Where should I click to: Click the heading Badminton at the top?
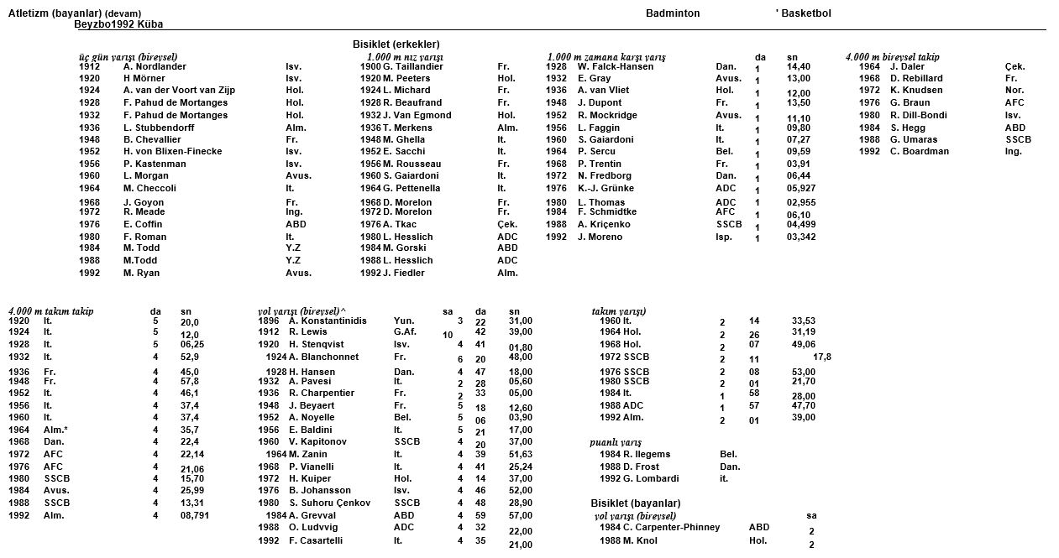(x=672, y=13)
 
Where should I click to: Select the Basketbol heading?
(x=805, y=13)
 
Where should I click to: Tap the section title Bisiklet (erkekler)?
(x=396, y=44)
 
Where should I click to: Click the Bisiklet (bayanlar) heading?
(x=636, y=503)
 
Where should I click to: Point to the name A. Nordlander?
(x=155, y=66)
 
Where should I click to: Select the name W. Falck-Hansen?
(x=615, y=66)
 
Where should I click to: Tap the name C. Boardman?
(x=920, y=152)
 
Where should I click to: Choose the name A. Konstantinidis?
(x=328, y=321)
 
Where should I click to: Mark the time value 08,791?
(x=195, y=515)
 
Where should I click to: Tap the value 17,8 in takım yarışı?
(x=822, y=357)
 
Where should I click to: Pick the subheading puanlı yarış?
(x=616, y=442)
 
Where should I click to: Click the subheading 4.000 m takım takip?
(x=50, y=311)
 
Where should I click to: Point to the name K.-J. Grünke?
(x=606, y=189)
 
